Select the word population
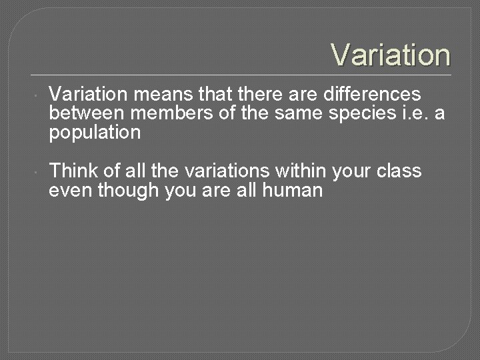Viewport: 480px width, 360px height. click(x=95, y=133)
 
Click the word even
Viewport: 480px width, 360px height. click(x=70, y=191)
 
